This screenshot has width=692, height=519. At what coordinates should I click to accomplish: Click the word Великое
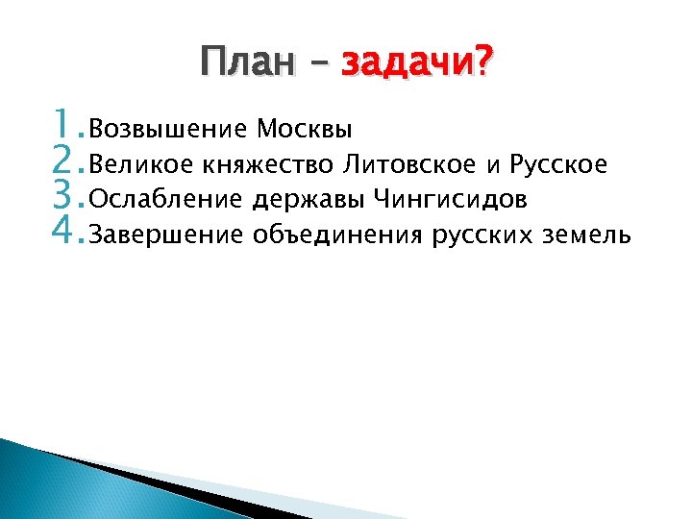coord(141,165)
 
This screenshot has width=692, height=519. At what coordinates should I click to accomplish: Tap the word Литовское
coord(408,165)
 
